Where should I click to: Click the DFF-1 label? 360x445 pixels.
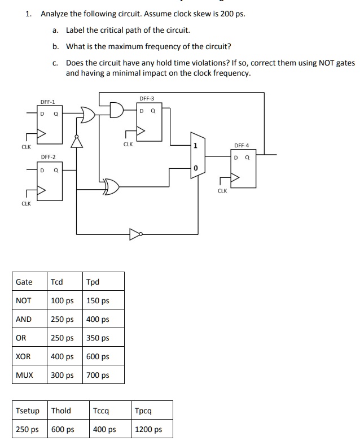[47, 102]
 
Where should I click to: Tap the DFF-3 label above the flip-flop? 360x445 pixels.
[147, 98]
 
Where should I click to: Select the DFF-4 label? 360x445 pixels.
[242, 146]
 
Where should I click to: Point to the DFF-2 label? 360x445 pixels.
[48, 157]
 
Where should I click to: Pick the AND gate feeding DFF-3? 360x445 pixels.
[117, 110]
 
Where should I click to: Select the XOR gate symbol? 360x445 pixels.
[111, 187]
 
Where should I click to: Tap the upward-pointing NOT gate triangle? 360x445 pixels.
[77, 141]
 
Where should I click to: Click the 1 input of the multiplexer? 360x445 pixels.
[195, 146]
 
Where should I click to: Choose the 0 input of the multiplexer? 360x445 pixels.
[195, 168]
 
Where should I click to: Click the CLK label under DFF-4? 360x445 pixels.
[222, 191]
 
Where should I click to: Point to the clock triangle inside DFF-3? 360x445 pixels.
[141, 130]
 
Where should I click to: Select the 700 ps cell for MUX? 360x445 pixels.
[98, 375]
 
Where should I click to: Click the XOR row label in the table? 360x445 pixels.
[23, 356]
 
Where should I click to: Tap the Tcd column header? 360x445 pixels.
[56, 282]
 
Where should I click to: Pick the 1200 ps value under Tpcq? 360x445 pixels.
[148, 429]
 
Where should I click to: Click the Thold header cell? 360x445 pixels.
[62, 411]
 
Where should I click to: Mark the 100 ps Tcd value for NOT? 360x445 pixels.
[62, 300]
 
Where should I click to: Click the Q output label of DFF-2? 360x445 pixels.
[56, 171]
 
